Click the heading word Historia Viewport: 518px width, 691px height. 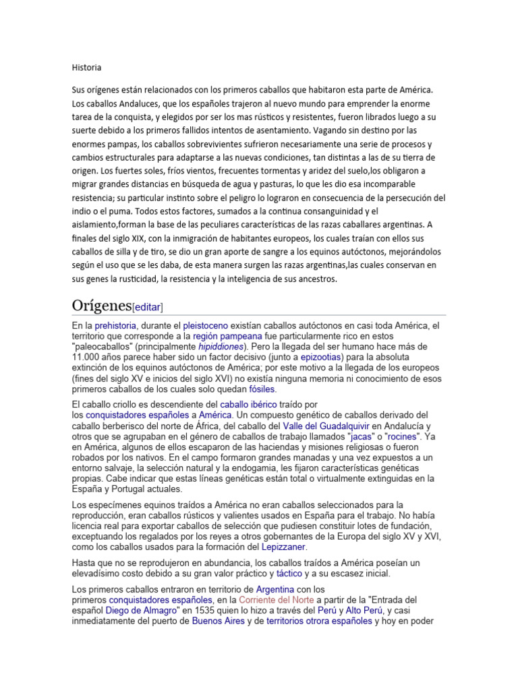[x=86, y=67]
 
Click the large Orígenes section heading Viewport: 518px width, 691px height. [x=102, y=305]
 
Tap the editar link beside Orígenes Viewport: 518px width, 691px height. [x=148, y=307]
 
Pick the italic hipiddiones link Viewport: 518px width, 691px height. [x=221, y=347]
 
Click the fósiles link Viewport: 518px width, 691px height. [x=262, y=389]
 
